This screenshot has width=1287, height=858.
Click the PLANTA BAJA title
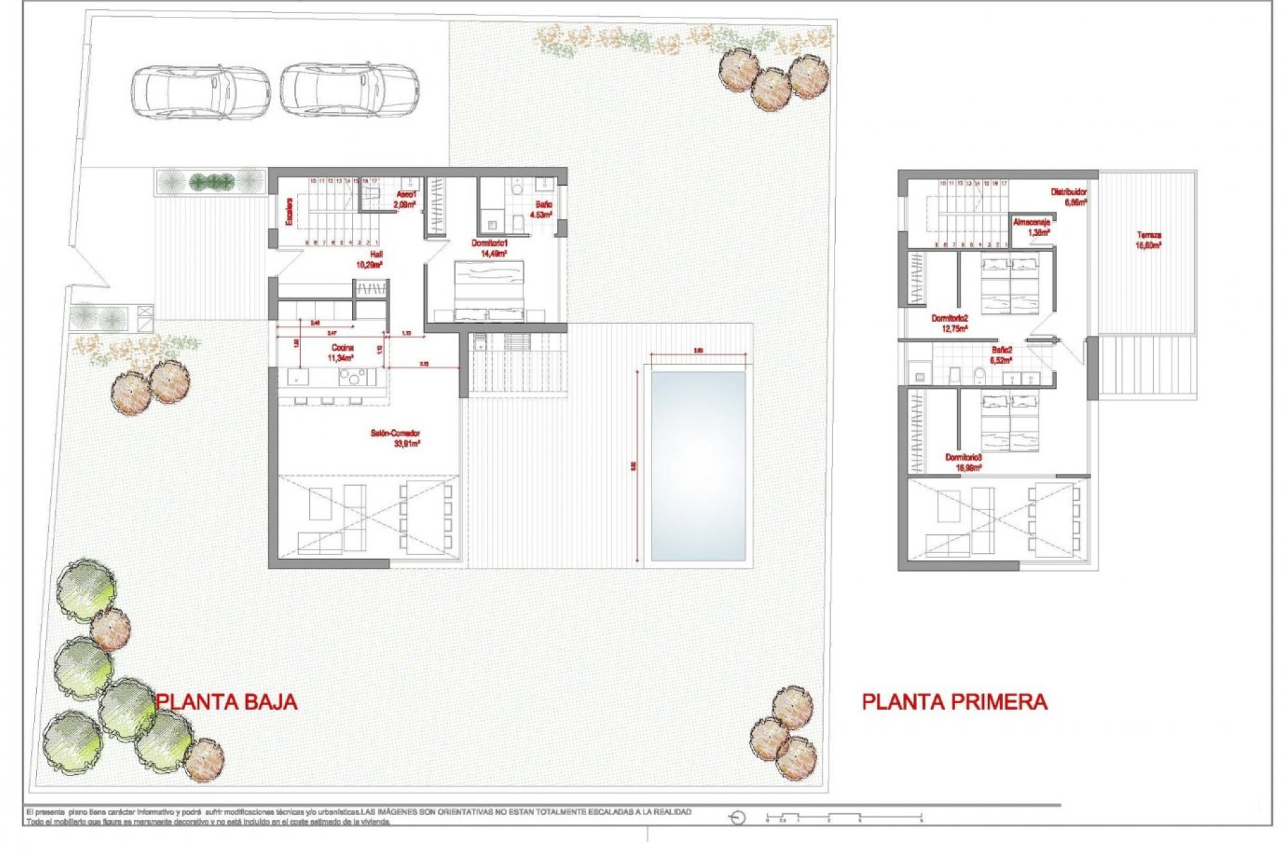[227, 702]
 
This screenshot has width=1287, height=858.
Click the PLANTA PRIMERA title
[954, 702]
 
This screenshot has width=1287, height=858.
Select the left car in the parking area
[200, 92]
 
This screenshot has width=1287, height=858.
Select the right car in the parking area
[349, 90]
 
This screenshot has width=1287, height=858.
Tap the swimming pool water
[698, 466]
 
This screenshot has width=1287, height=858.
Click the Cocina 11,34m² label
[341, 353]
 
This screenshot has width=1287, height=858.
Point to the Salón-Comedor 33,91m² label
[395, 438]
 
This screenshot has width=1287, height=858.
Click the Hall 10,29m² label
[369, 259]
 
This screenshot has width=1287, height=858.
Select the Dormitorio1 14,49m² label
[490, 248]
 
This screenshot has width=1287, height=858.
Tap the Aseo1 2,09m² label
[406, 199]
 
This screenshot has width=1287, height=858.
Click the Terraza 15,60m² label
[1148, 240]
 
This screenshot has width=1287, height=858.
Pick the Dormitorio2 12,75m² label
[950, 323]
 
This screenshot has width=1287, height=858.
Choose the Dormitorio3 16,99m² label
[963, 462]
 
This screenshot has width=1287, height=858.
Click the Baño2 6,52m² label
[1001, 355]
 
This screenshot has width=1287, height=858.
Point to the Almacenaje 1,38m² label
[1031, 227]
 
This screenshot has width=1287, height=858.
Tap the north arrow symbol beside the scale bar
[737, 818]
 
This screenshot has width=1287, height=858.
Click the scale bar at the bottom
[845, 818]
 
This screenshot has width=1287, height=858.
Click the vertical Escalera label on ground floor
[290, 210]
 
